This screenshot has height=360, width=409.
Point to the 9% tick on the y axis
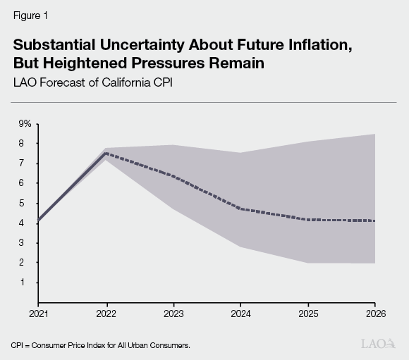[25, 124]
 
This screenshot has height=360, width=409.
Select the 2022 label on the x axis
[106, 311]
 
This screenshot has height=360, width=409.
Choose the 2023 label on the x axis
[174, 311]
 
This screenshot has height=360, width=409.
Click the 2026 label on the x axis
[374, 311]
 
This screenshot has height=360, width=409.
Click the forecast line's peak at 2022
[106, 154]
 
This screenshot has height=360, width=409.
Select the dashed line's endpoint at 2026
[374, 221]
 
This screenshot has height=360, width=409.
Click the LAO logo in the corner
[378, 345]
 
